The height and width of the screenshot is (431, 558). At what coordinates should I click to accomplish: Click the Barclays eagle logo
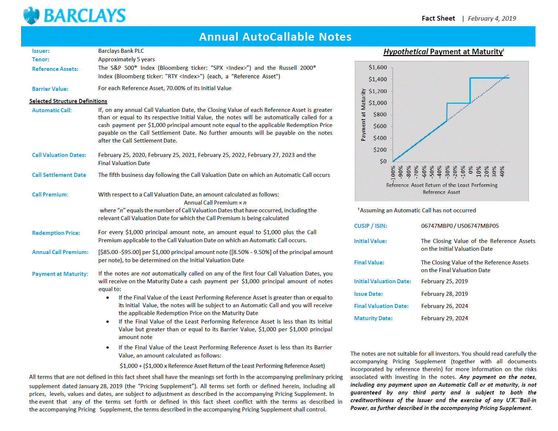[31, 16]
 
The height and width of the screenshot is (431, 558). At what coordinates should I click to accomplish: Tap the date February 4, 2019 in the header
[492, 18]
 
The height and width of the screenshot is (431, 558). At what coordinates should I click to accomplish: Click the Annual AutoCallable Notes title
[275, 37]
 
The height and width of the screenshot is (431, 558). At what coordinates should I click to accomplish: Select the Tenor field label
[41, 59]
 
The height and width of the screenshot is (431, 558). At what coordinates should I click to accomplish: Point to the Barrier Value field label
[50, 89]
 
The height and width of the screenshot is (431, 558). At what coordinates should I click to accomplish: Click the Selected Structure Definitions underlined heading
[68, 101]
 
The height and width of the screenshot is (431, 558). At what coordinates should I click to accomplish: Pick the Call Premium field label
[50, 195]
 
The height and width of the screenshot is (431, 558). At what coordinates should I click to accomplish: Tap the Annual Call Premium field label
[60, 252]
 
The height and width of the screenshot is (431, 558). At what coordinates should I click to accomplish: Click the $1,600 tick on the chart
[378, 67]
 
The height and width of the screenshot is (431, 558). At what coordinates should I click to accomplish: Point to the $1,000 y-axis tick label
[378, 103]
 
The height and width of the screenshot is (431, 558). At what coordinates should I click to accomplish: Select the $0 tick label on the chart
[383, 161]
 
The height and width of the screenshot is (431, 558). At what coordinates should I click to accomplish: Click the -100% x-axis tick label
[393, 172]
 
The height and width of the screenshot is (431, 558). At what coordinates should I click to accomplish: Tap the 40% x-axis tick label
[502, 171]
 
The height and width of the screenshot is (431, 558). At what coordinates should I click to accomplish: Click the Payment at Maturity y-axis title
[363, 114]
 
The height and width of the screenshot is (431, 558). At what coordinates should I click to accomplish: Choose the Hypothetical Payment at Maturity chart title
[444, 52]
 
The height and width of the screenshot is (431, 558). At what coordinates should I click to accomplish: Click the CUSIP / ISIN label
[370, 226]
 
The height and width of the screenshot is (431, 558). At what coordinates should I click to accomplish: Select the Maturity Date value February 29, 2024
[444, 318]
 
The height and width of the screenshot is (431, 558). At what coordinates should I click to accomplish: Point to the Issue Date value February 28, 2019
[444, 294]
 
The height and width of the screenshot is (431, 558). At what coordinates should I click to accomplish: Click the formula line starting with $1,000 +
[222, 366]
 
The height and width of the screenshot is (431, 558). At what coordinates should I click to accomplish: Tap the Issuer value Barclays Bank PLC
[121, 51]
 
